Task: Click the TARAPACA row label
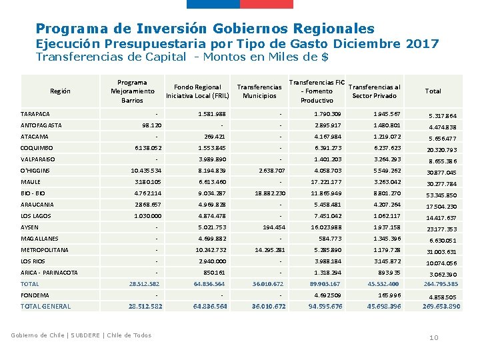click(x=35, y=114)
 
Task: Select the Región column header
click(x=60, y=91)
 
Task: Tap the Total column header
click(x=433, y=91)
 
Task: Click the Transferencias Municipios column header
click(x=259, y=91)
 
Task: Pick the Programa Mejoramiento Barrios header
click(x=132, y=91)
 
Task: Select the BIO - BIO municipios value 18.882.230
click(x=270, y=193)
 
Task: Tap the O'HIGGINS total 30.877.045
click(x=442, y=173)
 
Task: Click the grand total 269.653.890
click(x=441, y=307)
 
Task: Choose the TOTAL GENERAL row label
click(x=46, y=307)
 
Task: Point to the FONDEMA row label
click(x=35, y=295)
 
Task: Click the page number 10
click(x=433, y=338)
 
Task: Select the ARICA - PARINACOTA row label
click(x=49, y=273)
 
